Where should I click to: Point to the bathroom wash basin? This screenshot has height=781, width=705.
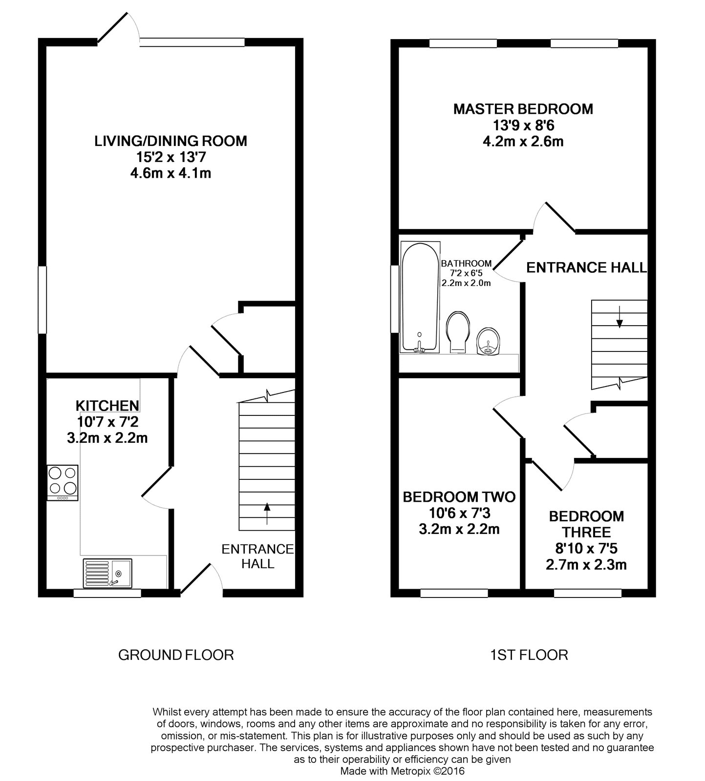click(488, 341)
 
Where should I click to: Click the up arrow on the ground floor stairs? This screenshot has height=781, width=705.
click(267, 514)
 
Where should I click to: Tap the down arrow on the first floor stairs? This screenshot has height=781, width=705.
click(620, 316)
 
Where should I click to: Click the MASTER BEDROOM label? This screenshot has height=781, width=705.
click(523, 109)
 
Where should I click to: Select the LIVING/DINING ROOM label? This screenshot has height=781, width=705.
click(171, 141)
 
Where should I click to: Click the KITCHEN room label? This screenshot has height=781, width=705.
click(107, 406)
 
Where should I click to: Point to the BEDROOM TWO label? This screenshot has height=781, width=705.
click(459, 497)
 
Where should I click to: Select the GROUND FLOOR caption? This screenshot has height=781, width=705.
click(176, 655)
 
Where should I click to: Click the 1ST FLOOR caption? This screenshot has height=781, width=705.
click(529, 655)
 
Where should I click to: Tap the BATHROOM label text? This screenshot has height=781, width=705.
click(466, 264)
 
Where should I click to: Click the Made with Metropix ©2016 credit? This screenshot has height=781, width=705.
click(402, 771)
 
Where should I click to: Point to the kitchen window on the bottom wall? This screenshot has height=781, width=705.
click(107, 593)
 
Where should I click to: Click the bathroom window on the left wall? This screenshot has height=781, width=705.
click(395, 299)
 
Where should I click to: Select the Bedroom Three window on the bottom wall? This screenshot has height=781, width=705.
click(588, 593)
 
